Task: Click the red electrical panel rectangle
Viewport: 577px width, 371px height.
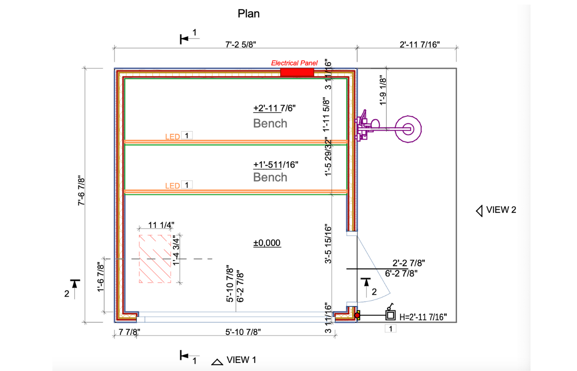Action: (297, 72)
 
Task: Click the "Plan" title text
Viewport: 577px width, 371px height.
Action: (248, 14)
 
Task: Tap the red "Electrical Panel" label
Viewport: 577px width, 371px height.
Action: (294, 63)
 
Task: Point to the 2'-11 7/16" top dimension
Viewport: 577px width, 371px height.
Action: (407, 43)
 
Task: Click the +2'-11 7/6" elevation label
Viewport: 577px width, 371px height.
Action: (275, 108)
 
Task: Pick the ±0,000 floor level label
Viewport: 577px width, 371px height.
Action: (267, 243)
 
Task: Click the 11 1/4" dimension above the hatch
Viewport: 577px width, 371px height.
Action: (160, 225)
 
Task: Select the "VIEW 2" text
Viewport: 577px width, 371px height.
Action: (501, 210)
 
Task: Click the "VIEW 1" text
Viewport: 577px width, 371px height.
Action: (241, 360)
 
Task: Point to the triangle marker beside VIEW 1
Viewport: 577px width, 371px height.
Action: (217, 362)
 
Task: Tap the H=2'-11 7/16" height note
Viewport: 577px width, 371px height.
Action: (423, 316)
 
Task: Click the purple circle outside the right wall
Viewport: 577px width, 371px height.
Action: (408, 127)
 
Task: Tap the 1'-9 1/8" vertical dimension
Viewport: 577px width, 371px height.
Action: (383, 91)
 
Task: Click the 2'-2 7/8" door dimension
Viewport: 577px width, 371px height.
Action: (408, 263)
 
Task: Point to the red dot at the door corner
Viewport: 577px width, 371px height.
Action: (357, 315)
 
